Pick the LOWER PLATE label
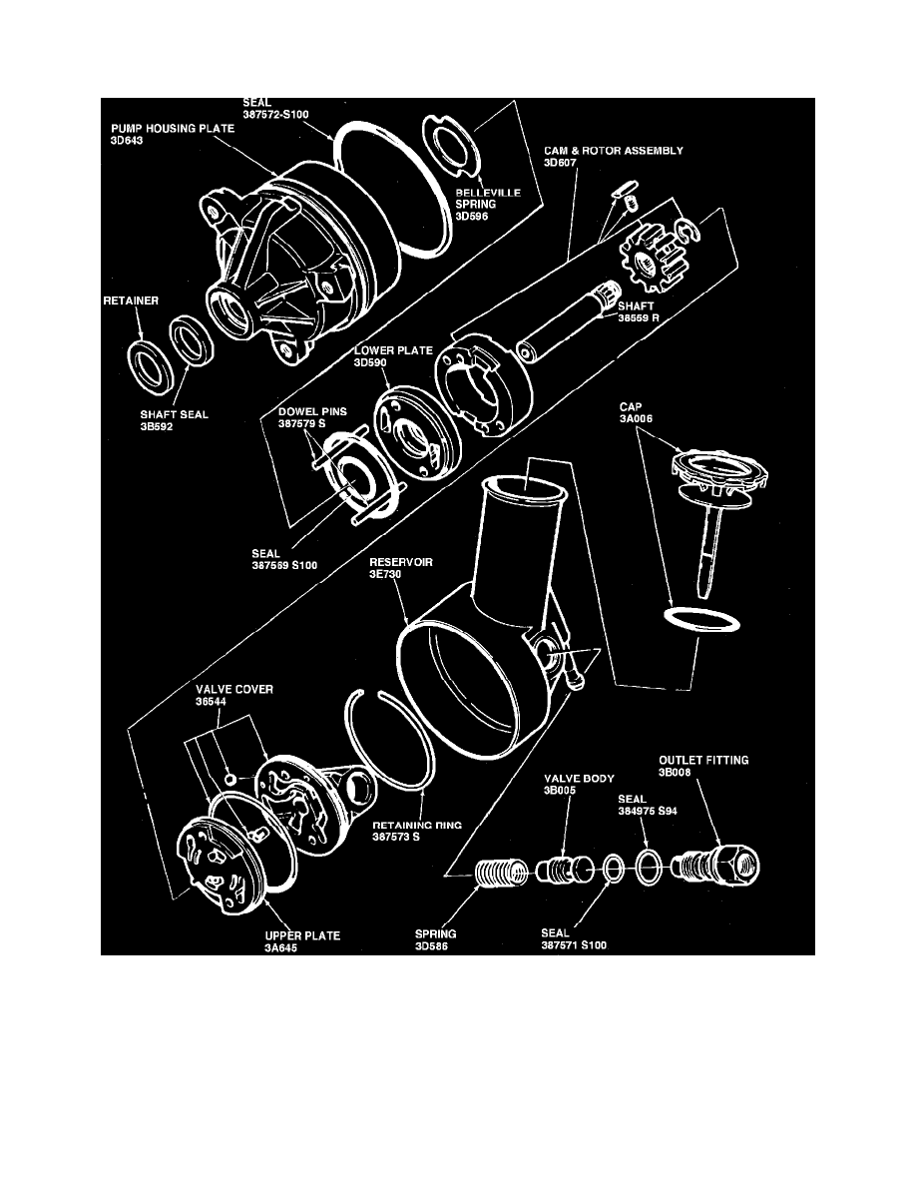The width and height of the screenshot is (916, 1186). click(x=379, y=352)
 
